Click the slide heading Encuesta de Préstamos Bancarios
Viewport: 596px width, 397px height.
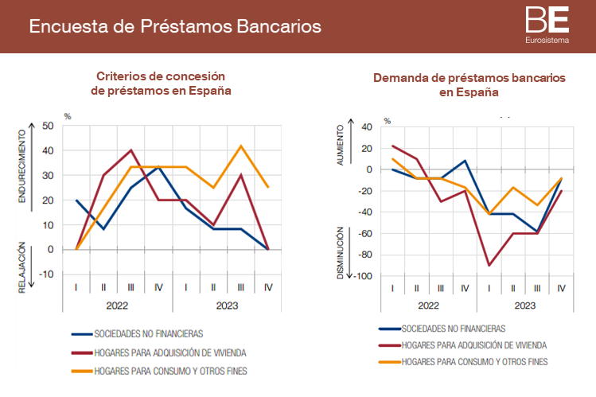pos(175,26)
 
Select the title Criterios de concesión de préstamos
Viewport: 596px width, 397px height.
pos(162,83)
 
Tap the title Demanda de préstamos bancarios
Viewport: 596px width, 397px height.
pos(469,85)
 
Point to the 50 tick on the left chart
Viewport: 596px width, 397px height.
pos(47,126)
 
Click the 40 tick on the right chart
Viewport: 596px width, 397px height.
pos(366,126)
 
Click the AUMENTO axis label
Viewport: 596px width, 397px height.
pos(341,145)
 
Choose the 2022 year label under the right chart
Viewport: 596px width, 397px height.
pos(428,305)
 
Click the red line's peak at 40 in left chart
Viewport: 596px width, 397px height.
pos(131,150)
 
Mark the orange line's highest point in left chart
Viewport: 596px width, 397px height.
pos(241,146)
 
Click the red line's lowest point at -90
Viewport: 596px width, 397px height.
pos(488,266)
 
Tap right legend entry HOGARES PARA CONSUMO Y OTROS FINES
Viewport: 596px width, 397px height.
pos(475,363)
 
